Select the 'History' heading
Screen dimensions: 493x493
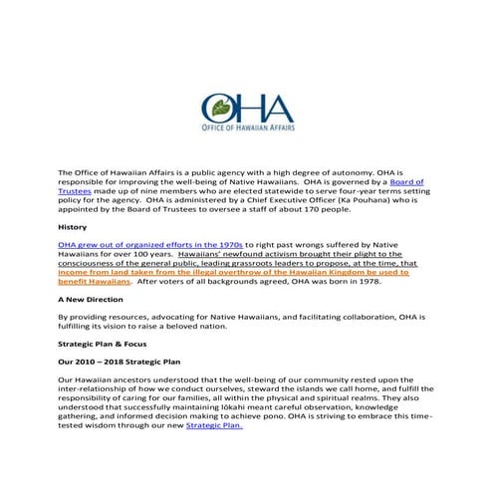(x=73, y=227)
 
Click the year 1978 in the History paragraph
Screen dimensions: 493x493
(x=370, y=281)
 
